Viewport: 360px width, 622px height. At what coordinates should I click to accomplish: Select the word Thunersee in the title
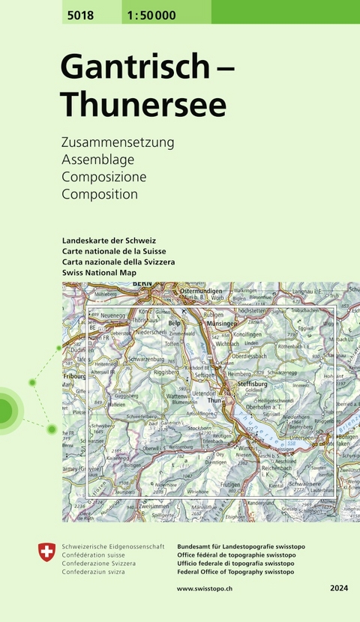[143, 104]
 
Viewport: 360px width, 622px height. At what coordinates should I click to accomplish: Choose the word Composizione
[103, 177]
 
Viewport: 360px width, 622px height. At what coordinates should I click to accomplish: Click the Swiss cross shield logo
[46, 553]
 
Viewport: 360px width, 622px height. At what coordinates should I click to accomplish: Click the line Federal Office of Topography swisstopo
[236, 572]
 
